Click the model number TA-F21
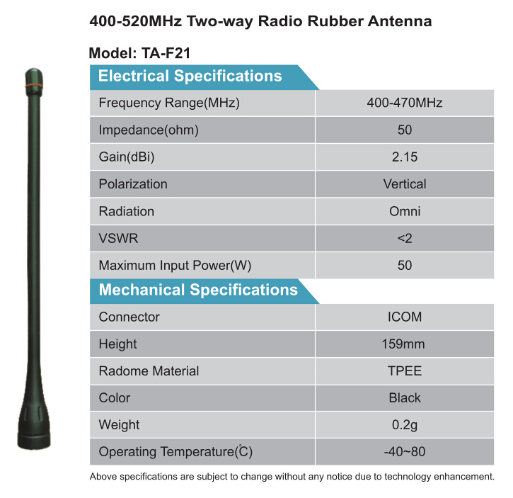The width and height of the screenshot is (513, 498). point(166,53)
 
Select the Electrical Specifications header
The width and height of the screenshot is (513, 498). point(190,76)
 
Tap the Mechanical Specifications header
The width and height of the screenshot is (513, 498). point(198,290)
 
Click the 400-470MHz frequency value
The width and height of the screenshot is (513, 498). point(404,103)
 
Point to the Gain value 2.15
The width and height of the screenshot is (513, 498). point(405,157)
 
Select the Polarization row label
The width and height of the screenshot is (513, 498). point(133,184)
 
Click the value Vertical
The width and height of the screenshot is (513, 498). point(405,184)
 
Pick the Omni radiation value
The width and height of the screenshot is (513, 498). point(405,211)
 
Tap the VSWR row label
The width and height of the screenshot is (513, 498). point(118,238)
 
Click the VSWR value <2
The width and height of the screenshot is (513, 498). point(405,238)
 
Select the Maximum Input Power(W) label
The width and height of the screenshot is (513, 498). point(175,266)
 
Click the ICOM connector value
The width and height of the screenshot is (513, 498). point(405,317)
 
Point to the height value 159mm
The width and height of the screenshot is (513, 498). point(403,344)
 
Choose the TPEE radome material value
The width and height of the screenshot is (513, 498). point(405,371)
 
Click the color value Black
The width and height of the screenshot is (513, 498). point(405,397)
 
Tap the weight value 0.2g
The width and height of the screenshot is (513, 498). point(405,425)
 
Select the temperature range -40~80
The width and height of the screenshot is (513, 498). point(405,452)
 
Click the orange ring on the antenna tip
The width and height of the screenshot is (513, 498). point(34,86)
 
